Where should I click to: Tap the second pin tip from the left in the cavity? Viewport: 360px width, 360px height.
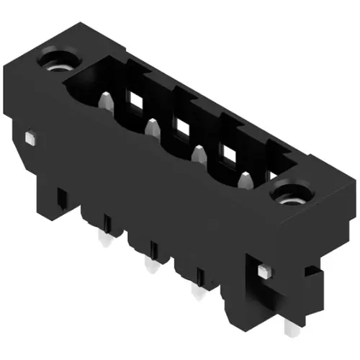coord(151,127)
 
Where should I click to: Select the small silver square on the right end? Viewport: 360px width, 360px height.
coord(263,270)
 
